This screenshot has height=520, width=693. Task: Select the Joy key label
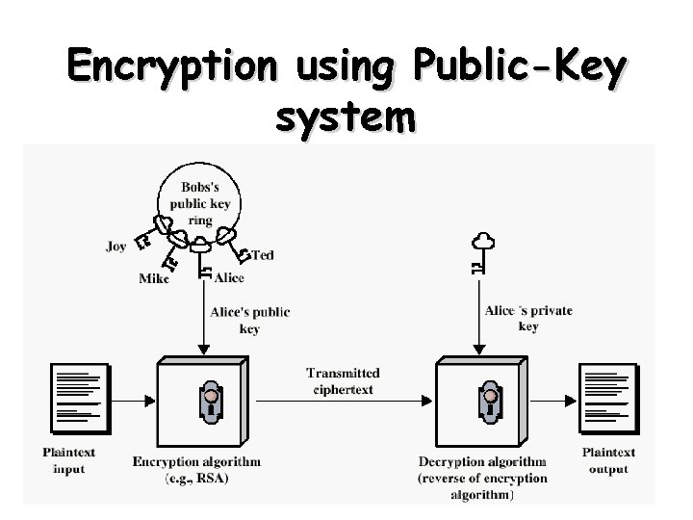pyautogui.click(x=116, y=247)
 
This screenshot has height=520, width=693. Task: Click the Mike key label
pyautogui.click(x=154, y=278)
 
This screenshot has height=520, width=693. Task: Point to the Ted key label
pyautogui.click(x=264, y=255)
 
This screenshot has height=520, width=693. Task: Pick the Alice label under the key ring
pyautogui.click(x=229, y=277)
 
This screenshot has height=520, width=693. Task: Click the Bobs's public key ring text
pyautogui.click(x=200, y=202)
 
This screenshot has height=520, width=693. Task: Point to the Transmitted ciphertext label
pyautogui.click(x=344, y=380)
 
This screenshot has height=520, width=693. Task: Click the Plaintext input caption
pyautogui.click(x=69, y=460)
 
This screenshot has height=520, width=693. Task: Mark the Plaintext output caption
pyautogui.click(x=608, y=460)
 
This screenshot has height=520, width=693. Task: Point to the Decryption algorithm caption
pyautogui.click(x=483, y=461)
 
